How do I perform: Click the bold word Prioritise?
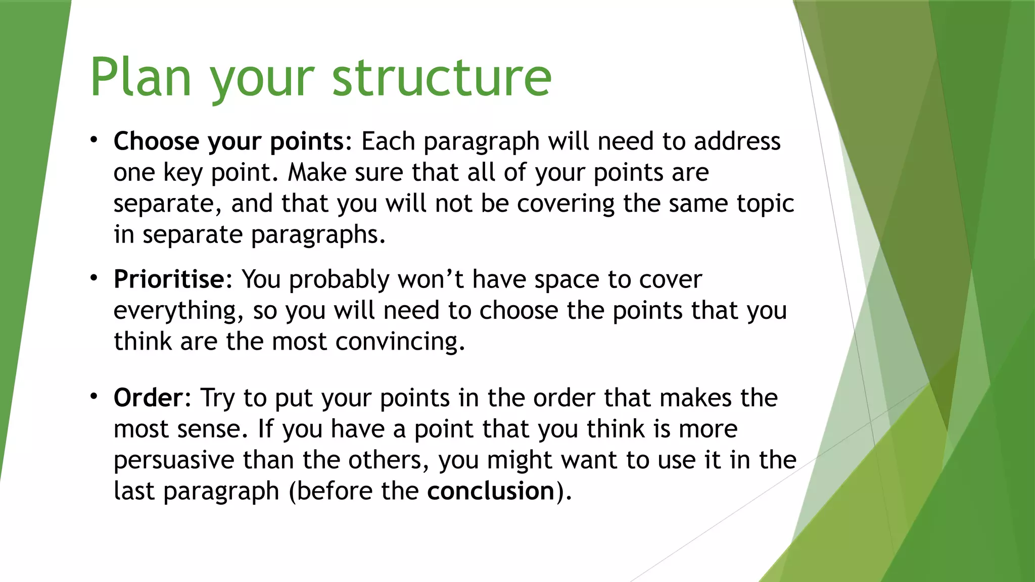[169, 279]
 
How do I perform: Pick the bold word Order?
[148, 398]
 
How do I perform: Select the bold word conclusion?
[491, 491]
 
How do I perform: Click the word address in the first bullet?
[737, 141]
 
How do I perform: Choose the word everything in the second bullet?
[175, 311]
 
